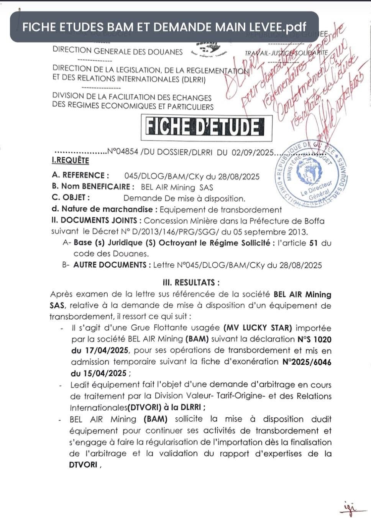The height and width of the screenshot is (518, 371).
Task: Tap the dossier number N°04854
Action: pos(123,151)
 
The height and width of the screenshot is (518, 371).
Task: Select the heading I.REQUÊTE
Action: pos(71,161)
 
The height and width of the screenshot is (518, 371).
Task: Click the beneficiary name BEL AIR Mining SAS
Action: pos(177,187)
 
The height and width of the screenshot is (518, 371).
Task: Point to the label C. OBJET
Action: pos(71,198)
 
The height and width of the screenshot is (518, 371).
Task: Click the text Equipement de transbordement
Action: pos(221,209)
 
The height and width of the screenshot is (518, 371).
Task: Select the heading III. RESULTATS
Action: pos(191,283)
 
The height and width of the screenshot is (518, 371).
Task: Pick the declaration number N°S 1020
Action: pos(314,339)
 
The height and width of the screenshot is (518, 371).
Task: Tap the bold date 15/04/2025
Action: pos(98,373)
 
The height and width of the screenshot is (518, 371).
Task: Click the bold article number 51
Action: pos(313,243)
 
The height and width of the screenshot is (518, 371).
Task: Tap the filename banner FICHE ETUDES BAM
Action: pos(164,27)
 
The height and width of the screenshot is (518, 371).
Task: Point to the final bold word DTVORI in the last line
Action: pos(83,465)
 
